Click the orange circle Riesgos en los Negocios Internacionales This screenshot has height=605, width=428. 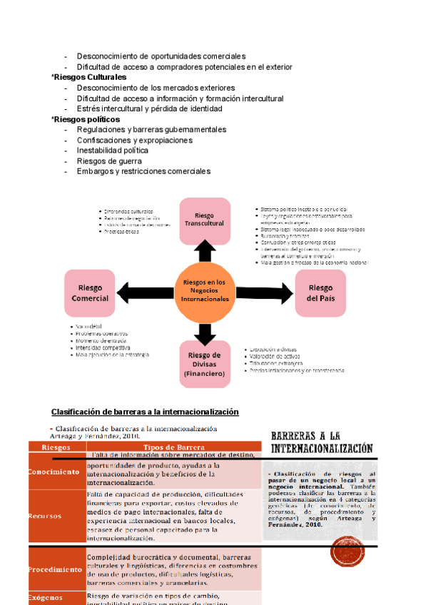pyautogui.click(x=205, y=291)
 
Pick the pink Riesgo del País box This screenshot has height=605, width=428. pyautogui.click(x=320, y=293)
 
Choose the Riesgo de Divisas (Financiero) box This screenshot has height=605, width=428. pyautogui.click(x=205, y=364)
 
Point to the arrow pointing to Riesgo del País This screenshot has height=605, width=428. pyautogui.click(x=265, y=292)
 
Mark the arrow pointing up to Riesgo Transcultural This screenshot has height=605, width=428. pyautogui.click(x=205, y=252)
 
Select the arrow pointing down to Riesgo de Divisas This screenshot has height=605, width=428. pyautogui.click(x=205, y=332)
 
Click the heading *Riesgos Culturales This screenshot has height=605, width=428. pyautogui.click(x=88, y=77)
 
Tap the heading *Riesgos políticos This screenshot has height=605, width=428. pyautogui.click(x=86, y=119)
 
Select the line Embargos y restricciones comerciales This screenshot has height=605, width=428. pyautogui.click(x=143, y=171)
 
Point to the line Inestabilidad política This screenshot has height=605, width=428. pyautogui.click(x=113, y=151)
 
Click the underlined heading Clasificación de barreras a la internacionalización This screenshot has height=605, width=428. pyautogui.click(x=145, y=412)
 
